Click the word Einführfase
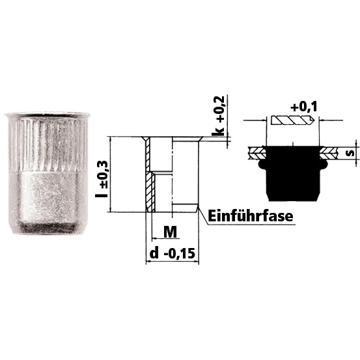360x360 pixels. click(251, 216)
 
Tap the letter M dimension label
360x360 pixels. click(170, 232)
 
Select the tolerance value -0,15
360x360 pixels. click(180, 253)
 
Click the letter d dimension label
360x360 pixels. click(154, 253)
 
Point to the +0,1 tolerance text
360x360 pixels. click(304, 107)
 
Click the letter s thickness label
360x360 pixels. click(350, 153)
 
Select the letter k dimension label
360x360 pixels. click(217, 130)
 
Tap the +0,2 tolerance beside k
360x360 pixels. click(219, 109)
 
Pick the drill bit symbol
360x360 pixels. click(293, 120)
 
